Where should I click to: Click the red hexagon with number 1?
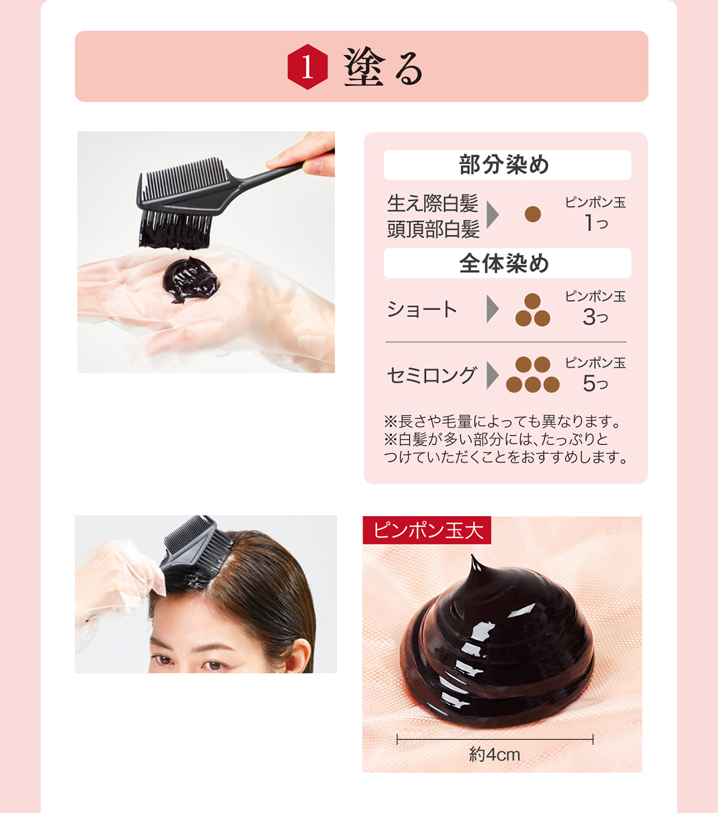(308, 67)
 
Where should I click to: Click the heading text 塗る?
(384, 68)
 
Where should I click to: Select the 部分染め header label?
(504, 165)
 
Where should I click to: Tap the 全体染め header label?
(504, 263)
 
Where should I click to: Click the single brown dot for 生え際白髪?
(533, 214)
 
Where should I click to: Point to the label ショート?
(422, 310)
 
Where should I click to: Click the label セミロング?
(431, 375)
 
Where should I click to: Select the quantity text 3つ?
(595, 317)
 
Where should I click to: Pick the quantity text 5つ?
(595, 383)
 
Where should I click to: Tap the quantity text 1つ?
(596, 223)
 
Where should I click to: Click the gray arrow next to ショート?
(492, 309)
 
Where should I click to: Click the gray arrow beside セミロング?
(492, 375)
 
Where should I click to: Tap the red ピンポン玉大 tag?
(427, 530)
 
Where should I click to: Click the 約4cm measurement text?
(494, 754)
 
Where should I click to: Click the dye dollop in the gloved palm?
(190, 280)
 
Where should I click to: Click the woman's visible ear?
(303, 656)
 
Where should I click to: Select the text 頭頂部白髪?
(433, 229)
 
